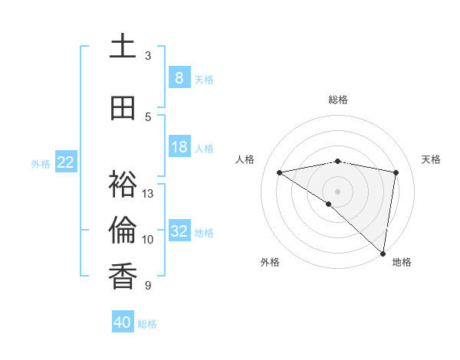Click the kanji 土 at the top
coord(123,46)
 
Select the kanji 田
coord(123,108)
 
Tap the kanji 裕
coord(123,184)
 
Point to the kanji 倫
coord(123,230)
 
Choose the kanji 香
coord(123,275)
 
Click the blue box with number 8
coord(179,78)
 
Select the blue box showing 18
coord(179,147)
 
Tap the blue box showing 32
coord(179,231)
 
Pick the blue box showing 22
coord(66,162)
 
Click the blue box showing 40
coord(123,322)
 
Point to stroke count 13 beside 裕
coord(148,194)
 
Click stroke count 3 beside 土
coord(148,56)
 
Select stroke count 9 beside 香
coord(148,286)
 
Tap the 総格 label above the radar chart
coord(337,100)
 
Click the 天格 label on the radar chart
coord(431,159)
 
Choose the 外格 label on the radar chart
coord(270,262)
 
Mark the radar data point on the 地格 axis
coord(383,253)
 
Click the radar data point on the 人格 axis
coord(280,172)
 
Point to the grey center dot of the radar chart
coord(337,190)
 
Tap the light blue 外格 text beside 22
coord(41,163)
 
